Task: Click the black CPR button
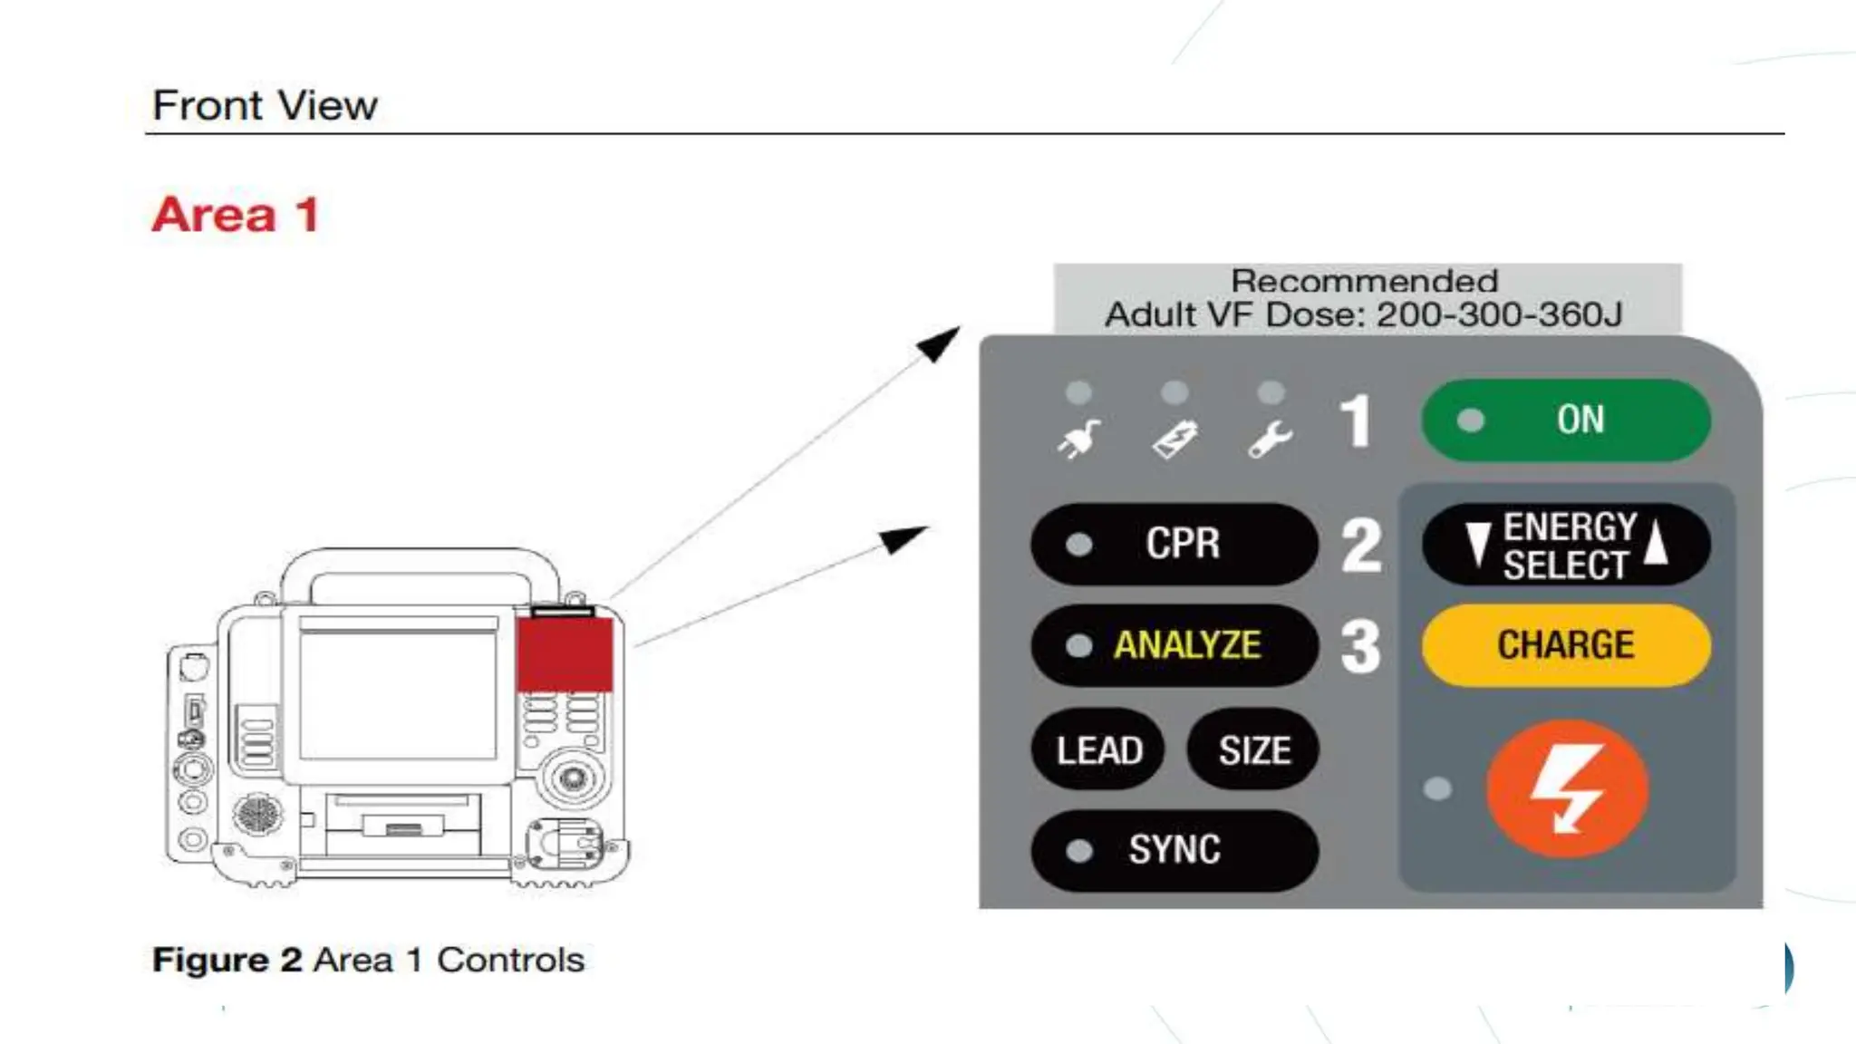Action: (x=1174, y=544)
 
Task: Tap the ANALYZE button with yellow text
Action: (x=1174, y=645)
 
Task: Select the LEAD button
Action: (x=1098, y=749)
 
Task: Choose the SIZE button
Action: (x=1253, y=749)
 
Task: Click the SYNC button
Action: (x=1174, y=850)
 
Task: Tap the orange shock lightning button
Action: (x=1567, y=788)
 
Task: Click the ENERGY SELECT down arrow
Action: (x=1478, y=544)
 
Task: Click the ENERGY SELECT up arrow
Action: (x=1656, y=542)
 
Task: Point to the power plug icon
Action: (x=1078, y=440)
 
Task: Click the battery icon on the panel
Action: (x=1175, y=440)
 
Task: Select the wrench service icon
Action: (x=1271, y=440)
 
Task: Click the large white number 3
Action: (x=1360, y=646)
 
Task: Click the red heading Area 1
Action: (x=236, y=215)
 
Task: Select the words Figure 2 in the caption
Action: (x=227, y=960)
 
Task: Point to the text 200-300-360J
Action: (x=1499, y=314)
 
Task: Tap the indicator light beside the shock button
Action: (x=1437, y=788)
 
